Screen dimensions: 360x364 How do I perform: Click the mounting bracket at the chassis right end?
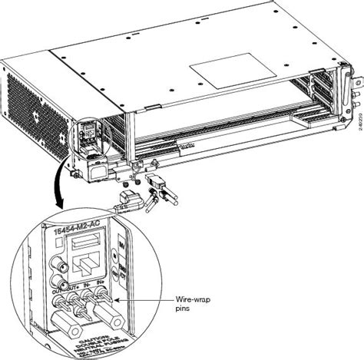coord(352,92)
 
